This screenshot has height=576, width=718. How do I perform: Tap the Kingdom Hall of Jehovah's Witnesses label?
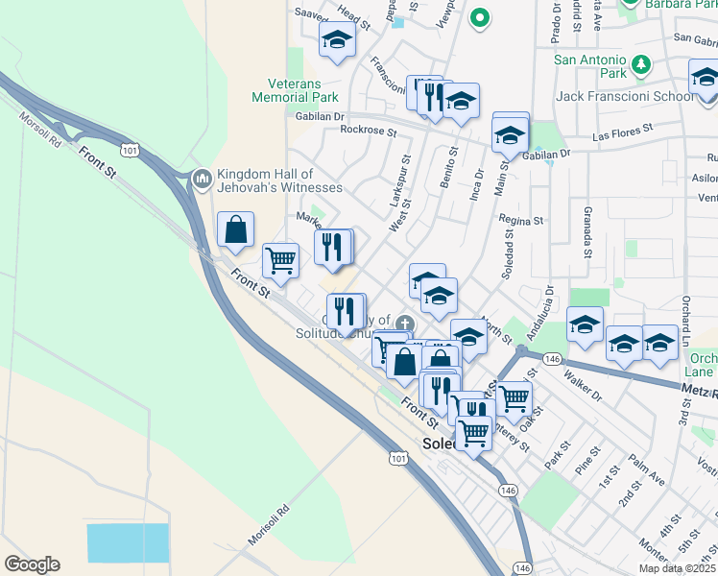point(278,180)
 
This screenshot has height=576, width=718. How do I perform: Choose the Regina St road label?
point(521,221)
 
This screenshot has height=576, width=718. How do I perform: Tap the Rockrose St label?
point(362,129)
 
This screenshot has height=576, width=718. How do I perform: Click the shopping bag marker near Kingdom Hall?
point(235,230)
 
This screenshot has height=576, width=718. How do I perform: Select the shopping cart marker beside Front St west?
point(280,259)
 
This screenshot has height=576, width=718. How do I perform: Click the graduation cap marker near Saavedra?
point(337,40)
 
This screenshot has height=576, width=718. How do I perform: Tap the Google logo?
point(32,564)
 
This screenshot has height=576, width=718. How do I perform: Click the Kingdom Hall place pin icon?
point(202,179)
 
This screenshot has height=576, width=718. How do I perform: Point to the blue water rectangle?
point(128,542)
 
